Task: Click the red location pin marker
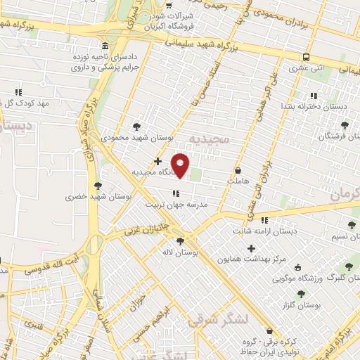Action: click(x=181, y=165)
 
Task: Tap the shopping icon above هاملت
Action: click(x=238, y=170)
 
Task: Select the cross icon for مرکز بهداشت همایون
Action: click(x=251, y=247)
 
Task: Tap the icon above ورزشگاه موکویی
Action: click(x=298, y=267)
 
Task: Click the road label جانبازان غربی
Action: click(x=150, y=225)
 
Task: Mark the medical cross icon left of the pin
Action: click(x=158, y=162)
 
